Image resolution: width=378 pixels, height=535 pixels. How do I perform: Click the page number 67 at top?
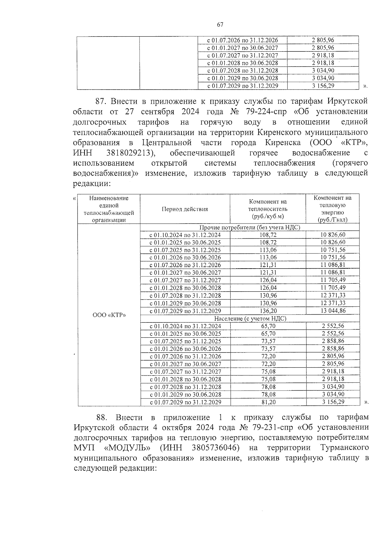(220, 25)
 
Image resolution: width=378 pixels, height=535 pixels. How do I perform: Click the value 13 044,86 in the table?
(333, 311)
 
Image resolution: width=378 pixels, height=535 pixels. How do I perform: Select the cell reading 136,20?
(268, 311)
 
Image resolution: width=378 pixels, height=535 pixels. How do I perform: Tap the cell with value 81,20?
(268, 402)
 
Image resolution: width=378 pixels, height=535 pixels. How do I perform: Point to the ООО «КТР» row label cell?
(109, 315)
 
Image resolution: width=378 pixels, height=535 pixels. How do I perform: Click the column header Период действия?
(185, 209)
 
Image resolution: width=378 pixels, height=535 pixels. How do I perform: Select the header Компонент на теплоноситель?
(268, 209)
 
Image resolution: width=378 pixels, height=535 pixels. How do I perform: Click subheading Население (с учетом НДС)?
(250, 318)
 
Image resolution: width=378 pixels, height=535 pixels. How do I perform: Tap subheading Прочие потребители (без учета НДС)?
(250, 227)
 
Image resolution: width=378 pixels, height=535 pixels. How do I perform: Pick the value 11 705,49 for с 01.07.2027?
(333, 280)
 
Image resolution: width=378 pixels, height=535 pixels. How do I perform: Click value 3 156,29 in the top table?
(323, 85)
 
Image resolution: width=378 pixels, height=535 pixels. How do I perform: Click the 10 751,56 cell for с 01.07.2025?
(333, 250)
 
